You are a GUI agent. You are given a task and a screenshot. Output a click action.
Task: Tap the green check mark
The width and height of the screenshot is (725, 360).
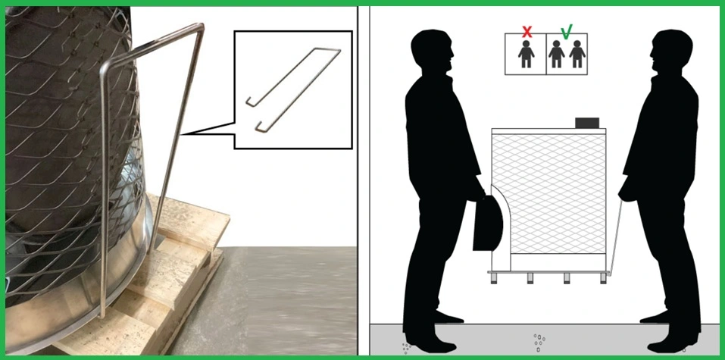pos(566,32)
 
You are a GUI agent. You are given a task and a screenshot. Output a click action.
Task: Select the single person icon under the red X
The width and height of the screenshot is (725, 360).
pos(525,55)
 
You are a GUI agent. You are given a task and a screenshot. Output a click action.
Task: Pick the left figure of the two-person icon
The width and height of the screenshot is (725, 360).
pos(558,55)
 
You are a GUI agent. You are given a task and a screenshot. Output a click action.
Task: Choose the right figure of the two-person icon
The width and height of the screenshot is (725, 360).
pos(577,55)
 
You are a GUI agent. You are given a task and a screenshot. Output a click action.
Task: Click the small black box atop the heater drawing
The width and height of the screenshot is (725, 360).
pos(587,122)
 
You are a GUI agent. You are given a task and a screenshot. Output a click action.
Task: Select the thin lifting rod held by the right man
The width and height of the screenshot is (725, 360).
pos(615,235)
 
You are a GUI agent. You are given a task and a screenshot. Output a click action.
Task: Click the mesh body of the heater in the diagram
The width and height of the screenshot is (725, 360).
pos(549,197)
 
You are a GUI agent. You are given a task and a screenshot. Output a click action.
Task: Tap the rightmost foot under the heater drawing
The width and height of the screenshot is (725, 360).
pos(603,279)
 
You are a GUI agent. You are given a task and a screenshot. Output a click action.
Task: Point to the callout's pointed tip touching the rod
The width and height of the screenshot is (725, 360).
pos(181,136)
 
